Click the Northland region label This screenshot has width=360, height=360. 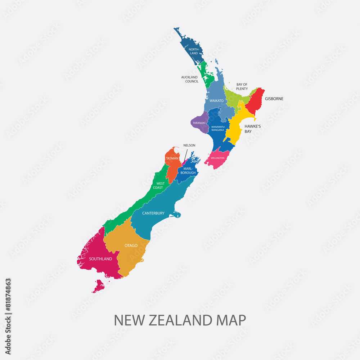click(194, 51)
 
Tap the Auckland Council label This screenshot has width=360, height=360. click(189, 79)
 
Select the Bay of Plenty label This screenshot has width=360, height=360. click(242, 86)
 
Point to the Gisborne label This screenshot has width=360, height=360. click(274, 99)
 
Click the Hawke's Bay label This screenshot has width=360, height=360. click(253, 129)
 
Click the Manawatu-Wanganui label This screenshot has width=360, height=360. click(218, 129)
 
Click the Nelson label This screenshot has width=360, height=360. click(189, 145)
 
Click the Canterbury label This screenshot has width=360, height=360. click(153, 213)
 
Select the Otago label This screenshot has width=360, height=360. click(131, 246)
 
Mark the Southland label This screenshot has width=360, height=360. click(100, 259)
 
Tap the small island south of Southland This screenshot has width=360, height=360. click(98, 287)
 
